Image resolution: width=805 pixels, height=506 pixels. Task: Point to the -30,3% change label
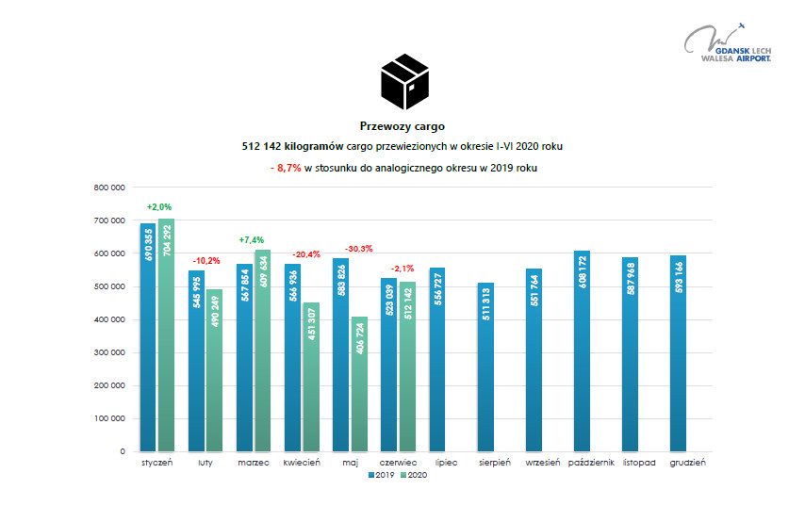click(x=359, y=249)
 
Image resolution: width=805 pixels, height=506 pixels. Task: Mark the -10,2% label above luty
click(x=207, y=261)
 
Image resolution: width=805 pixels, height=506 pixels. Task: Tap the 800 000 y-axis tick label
click(x=110, y=188)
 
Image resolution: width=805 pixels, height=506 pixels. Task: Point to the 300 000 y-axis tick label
click(x=110, y=352)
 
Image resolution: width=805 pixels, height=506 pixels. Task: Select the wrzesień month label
click(x=542, y=463)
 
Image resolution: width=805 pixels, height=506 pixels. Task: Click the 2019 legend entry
click(x=381, y=475)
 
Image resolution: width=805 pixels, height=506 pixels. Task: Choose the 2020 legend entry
click(x=416, y=475)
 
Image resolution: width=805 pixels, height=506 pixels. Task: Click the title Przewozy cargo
click(x=402, y=126)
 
